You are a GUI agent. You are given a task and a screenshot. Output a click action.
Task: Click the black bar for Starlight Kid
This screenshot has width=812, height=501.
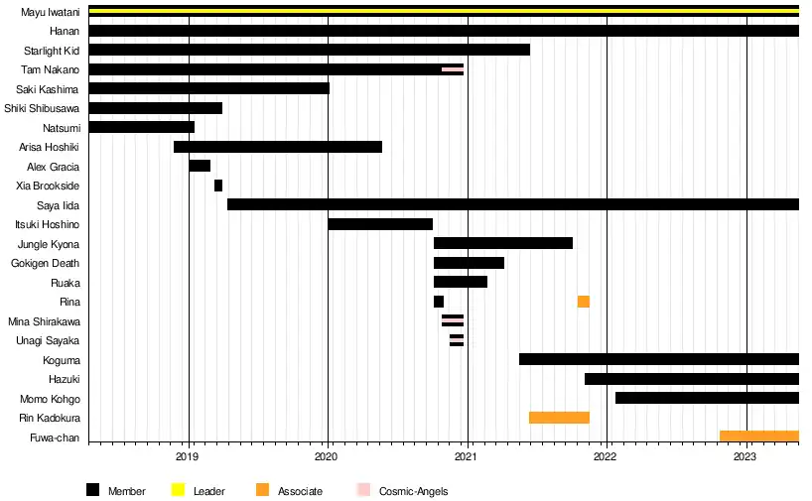tap(309, 50)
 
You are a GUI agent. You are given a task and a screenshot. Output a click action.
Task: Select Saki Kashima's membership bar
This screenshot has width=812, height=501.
tap(208, 88)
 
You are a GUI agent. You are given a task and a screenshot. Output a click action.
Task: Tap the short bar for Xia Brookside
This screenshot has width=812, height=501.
tap(218, 186)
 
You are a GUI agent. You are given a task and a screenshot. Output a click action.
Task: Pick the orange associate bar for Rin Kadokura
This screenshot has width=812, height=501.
tap(559, 418)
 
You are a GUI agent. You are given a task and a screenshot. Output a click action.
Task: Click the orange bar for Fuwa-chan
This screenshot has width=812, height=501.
tap(758, 437)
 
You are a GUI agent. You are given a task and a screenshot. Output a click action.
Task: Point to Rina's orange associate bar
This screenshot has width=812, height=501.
tap(584, 302)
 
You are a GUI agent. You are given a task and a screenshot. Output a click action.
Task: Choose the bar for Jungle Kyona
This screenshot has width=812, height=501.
tap(503, 243)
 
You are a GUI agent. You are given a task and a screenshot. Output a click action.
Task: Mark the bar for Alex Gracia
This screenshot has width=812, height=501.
tap(200, 166)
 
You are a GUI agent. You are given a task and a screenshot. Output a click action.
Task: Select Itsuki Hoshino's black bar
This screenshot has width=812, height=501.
tap(380, 224)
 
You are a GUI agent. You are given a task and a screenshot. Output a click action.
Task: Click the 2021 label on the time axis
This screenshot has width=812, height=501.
tap(468, 457)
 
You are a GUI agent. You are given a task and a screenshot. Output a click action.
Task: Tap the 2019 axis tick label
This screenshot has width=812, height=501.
tap(189, 457)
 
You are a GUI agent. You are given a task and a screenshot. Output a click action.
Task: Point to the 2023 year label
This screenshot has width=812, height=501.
tap(745, 457)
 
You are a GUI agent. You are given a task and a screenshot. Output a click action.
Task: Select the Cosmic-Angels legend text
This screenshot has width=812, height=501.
tap(413, 491)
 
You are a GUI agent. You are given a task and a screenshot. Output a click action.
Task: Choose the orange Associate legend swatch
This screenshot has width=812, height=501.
tap(262, 490)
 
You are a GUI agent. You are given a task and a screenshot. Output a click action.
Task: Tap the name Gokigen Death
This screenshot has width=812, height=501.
tap(46, 263)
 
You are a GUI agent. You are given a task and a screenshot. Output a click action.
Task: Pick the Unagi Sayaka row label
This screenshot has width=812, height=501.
tap(48, 340)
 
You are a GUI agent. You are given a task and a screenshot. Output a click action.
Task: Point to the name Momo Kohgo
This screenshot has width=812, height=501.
tap(50, 399)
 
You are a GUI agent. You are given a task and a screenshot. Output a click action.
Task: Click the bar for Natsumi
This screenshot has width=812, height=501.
tap(142, 127)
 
